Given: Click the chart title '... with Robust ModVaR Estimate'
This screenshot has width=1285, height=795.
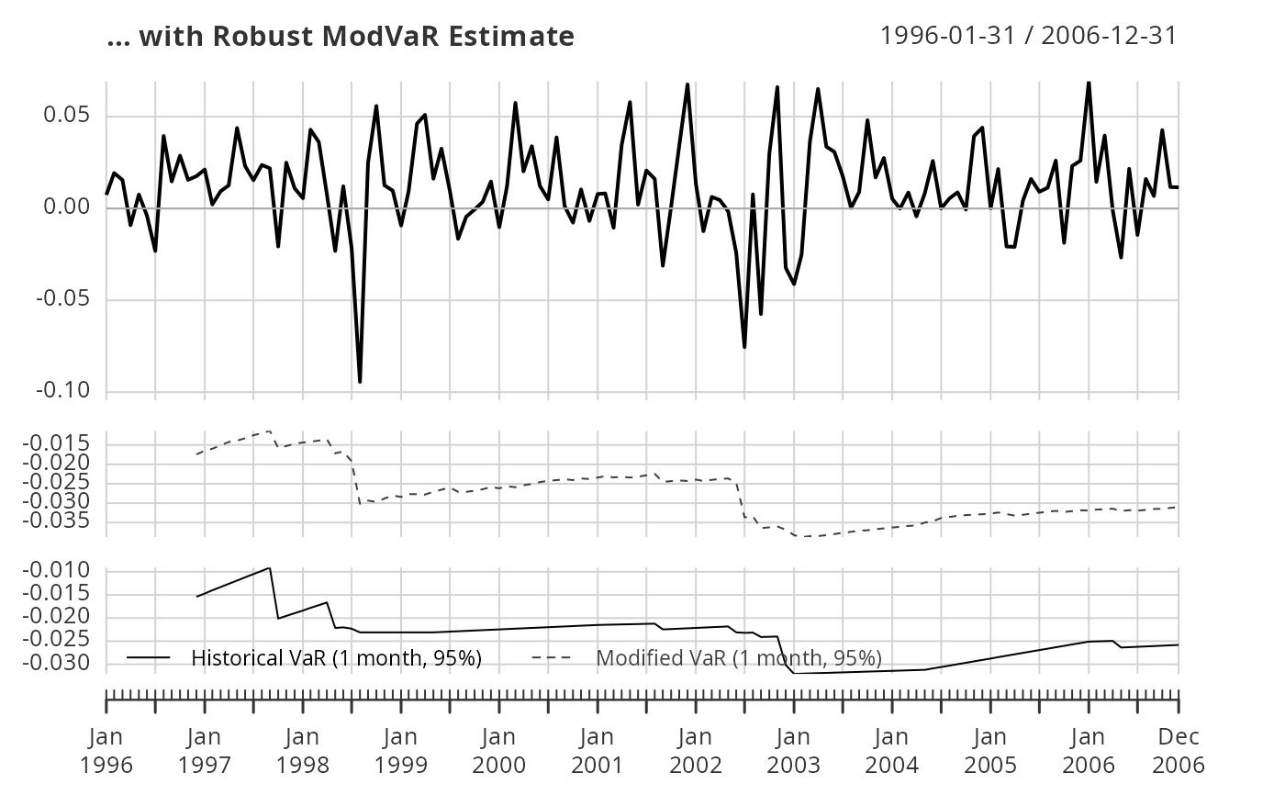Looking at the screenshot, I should pyautogui.click(x=341, y=37).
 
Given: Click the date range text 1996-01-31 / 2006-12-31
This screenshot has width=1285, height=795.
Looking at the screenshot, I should pyautogui.click(x=1028, y=36).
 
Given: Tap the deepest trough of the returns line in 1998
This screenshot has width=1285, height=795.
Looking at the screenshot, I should pyautogui.click(x=360, y=381).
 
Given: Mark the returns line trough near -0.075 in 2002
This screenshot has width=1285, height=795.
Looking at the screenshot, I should pyautogui.click(x=744, y=346).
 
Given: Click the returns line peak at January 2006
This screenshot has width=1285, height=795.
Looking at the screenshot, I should pyautogui.click(x=1089, y=84).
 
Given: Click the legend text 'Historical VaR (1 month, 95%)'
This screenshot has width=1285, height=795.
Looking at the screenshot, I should pyautogui.click(x=337, y=658).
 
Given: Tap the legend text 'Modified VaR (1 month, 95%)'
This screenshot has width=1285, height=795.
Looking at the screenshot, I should pyautogui.click(x=739, y=658).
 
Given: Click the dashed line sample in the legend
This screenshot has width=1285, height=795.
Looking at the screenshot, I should pyautogui.click(x=552, y=658).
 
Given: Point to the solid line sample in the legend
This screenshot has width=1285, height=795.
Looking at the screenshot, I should pyautogui.click(x=149, y=658).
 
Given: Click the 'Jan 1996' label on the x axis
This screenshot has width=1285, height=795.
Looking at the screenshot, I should pyautogui.click(x=107, y=750).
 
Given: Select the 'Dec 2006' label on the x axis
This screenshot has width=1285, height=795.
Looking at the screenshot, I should pyautogui.click(x=1179, y=750).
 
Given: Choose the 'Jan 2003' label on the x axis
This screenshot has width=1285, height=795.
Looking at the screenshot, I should pyautogui.click(x=794, y=750).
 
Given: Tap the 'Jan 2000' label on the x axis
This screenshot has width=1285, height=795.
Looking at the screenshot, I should pyautogui.click(x=499, y=750).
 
